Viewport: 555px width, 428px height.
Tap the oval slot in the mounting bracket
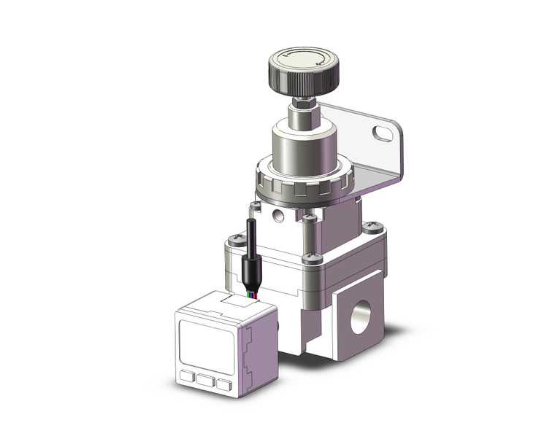tap(383, 133)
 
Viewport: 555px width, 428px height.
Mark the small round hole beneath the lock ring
tap(278, 215)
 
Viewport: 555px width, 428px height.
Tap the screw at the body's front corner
tap(313, 257)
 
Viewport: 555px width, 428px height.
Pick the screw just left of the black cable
tap(236, 238)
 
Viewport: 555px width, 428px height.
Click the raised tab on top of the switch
tap(231, 298)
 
